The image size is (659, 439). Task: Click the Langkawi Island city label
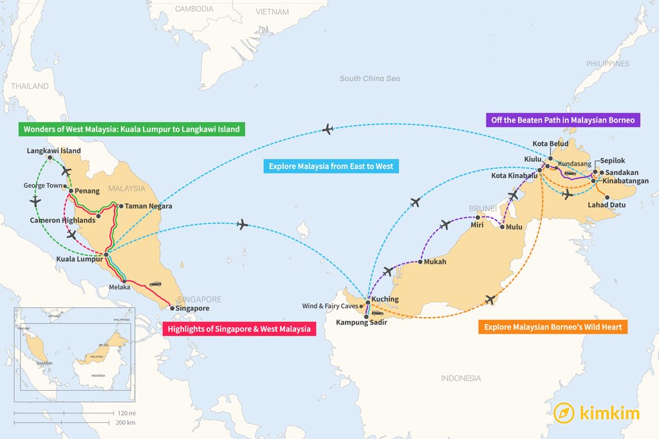tap(54, 151)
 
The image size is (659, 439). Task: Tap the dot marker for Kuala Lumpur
tap(106, 255)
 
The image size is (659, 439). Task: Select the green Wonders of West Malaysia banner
tap(131, 129)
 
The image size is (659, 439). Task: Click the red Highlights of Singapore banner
tap(239, 329)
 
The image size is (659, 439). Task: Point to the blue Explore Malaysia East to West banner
tap(331, 166)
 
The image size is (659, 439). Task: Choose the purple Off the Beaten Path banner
tap(562, 120)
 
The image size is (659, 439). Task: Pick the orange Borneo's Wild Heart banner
tap(553, 327)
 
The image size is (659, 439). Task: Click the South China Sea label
tap(369, 78)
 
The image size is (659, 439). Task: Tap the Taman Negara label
tap(148, 206)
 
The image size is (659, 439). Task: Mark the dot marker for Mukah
tap(420, 262)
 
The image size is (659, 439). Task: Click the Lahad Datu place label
tap(607, 205)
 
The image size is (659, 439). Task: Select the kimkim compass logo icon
tap(564, 413)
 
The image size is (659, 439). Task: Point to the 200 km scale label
tap(126, 422)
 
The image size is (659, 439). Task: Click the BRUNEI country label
tap(483, 208)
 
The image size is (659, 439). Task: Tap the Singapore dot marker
tap(172, 309)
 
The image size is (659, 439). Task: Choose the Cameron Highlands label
tap(62, 220)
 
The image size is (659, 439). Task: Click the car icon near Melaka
tap(155, 283)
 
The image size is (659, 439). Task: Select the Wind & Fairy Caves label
tap(329, 306)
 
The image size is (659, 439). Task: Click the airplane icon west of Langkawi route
tap(35, 201)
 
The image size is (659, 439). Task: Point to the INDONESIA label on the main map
tap(461, 378)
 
